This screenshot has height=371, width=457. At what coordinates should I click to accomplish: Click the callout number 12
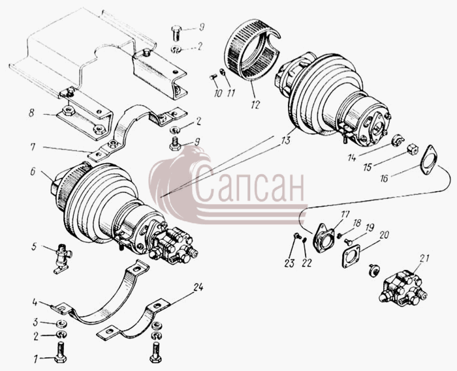click(255, 105)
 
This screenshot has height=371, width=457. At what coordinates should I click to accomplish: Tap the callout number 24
click(198, 288)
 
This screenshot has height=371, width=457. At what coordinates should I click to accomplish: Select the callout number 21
click(424, 259)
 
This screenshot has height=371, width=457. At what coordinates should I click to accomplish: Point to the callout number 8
click(31, 113)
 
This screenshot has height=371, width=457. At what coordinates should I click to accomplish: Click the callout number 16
click(385, 179)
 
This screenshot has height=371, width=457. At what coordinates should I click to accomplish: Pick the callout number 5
click(34, 247)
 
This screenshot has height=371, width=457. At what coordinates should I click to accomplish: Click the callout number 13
click(286, 140)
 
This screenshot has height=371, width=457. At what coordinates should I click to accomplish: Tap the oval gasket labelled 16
click(430, 160)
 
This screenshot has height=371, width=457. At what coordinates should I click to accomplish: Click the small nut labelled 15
click(412, 149)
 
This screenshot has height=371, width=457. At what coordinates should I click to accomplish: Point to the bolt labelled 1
click(60, 352)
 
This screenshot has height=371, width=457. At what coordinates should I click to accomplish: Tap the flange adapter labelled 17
click(324, 238)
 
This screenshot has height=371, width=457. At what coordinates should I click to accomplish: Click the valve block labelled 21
click(403, 287)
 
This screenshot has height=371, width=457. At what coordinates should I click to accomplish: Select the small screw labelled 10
click(213, 77)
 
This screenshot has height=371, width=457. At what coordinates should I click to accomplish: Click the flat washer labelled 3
click(61, 323)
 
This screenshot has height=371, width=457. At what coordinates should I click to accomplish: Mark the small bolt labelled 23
click(297, 236)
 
